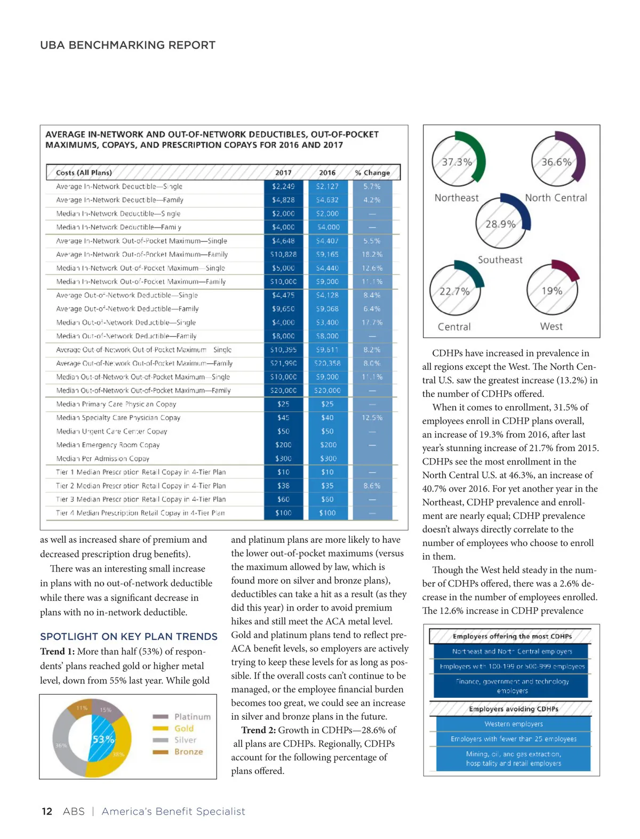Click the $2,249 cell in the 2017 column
[x=283, y=186]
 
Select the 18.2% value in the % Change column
[x=372, y=255]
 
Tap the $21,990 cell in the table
[x=283, y=363]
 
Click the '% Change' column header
[x=372, y=173]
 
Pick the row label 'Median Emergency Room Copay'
[x=108, y=445]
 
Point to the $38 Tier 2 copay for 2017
[x=283, y=486]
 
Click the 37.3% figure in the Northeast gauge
[x=457, y=162]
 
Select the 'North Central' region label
[x=556, y=198]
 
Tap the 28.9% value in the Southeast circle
[x=500, y=224]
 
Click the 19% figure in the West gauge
[x=552, y=291]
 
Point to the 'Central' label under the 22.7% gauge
[x=454, y=327]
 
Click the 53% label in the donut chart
[x=103, y=739]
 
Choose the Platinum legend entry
[x=192, y=717]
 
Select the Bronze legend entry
[x=188, y=752]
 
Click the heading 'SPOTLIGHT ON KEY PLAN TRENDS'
[x=129, y=637]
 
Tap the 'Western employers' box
[x=514, y=724]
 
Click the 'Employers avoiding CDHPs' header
[x=514, y=709]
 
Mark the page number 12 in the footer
[x=47, y=811]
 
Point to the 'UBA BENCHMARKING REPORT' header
[x=127, y=45]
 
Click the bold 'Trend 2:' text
[x=258, y=730]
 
